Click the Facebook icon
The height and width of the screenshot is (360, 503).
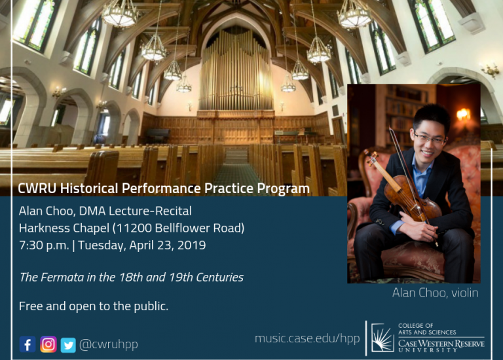(28, 344)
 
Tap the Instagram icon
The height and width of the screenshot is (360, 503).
(48, 344)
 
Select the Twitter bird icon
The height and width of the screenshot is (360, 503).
(68, 345)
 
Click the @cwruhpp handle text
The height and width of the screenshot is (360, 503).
(109, 344)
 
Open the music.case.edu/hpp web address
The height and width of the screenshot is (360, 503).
(307, 338)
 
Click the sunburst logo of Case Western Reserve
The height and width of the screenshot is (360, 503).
(382, 338)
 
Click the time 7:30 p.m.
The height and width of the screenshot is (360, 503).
(44, 245)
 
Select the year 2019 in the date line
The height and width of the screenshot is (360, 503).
(191, 245)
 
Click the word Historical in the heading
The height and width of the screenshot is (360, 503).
(89, 189)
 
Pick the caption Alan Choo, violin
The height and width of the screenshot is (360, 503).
(436, 293)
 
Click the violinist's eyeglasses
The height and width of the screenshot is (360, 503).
(430, 139)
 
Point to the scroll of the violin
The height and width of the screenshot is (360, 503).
(371, 156)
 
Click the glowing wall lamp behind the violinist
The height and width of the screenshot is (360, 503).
(463, 115)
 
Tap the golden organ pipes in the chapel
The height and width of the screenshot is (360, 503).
(236, 71)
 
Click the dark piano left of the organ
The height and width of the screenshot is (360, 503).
(158, 134)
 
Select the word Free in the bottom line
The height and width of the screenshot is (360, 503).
(31, 306)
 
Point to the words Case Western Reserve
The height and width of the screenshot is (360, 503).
(441, 344)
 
